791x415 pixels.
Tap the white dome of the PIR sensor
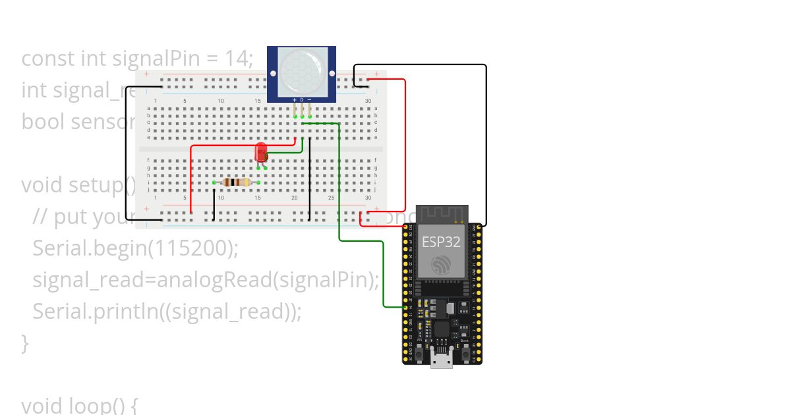tap(302, 72)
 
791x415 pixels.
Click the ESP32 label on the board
tap(442, 241)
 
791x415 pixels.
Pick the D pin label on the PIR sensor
tap(302, 99)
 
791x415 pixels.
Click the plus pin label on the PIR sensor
tap(294, 99)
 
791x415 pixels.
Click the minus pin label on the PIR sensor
tap(310, 99)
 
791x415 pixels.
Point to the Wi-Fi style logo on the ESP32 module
tap(442, 265)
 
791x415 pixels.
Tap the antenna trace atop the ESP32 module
tap(442, 213)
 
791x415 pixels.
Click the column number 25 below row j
tap(332, 198)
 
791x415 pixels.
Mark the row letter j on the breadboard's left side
tap(148, 190)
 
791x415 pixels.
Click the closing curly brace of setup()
tap(25, 343)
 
